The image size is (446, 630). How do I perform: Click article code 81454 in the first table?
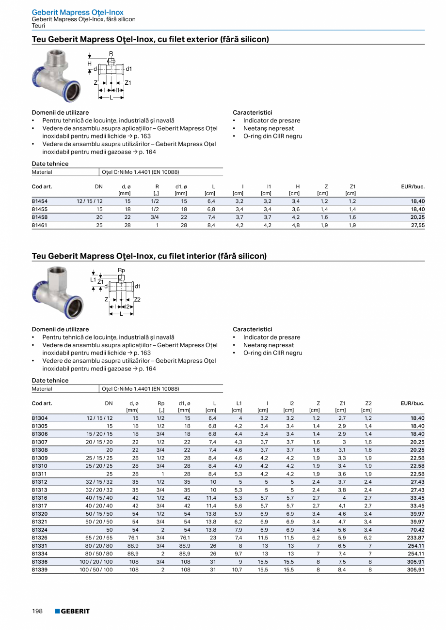click(40, 201)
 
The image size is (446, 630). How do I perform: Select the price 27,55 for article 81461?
click(417, 225)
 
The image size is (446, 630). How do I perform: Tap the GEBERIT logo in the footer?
click(72, 611)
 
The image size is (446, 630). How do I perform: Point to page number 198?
click(37, 611)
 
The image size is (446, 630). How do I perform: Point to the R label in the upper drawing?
click(111, 54)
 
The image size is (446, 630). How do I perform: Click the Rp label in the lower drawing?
click(121, 270)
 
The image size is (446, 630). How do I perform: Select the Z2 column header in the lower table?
click(368, 403)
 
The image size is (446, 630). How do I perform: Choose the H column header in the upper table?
click(298, 186)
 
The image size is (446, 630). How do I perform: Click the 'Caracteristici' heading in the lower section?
click(252, 329)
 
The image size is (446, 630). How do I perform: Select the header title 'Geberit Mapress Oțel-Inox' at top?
click(78, 12)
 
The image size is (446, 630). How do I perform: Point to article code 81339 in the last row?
click(40, 570)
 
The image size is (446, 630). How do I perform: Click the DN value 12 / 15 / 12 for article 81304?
click(99, 418)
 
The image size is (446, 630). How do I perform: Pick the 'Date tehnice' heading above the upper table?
click(50, 164)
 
